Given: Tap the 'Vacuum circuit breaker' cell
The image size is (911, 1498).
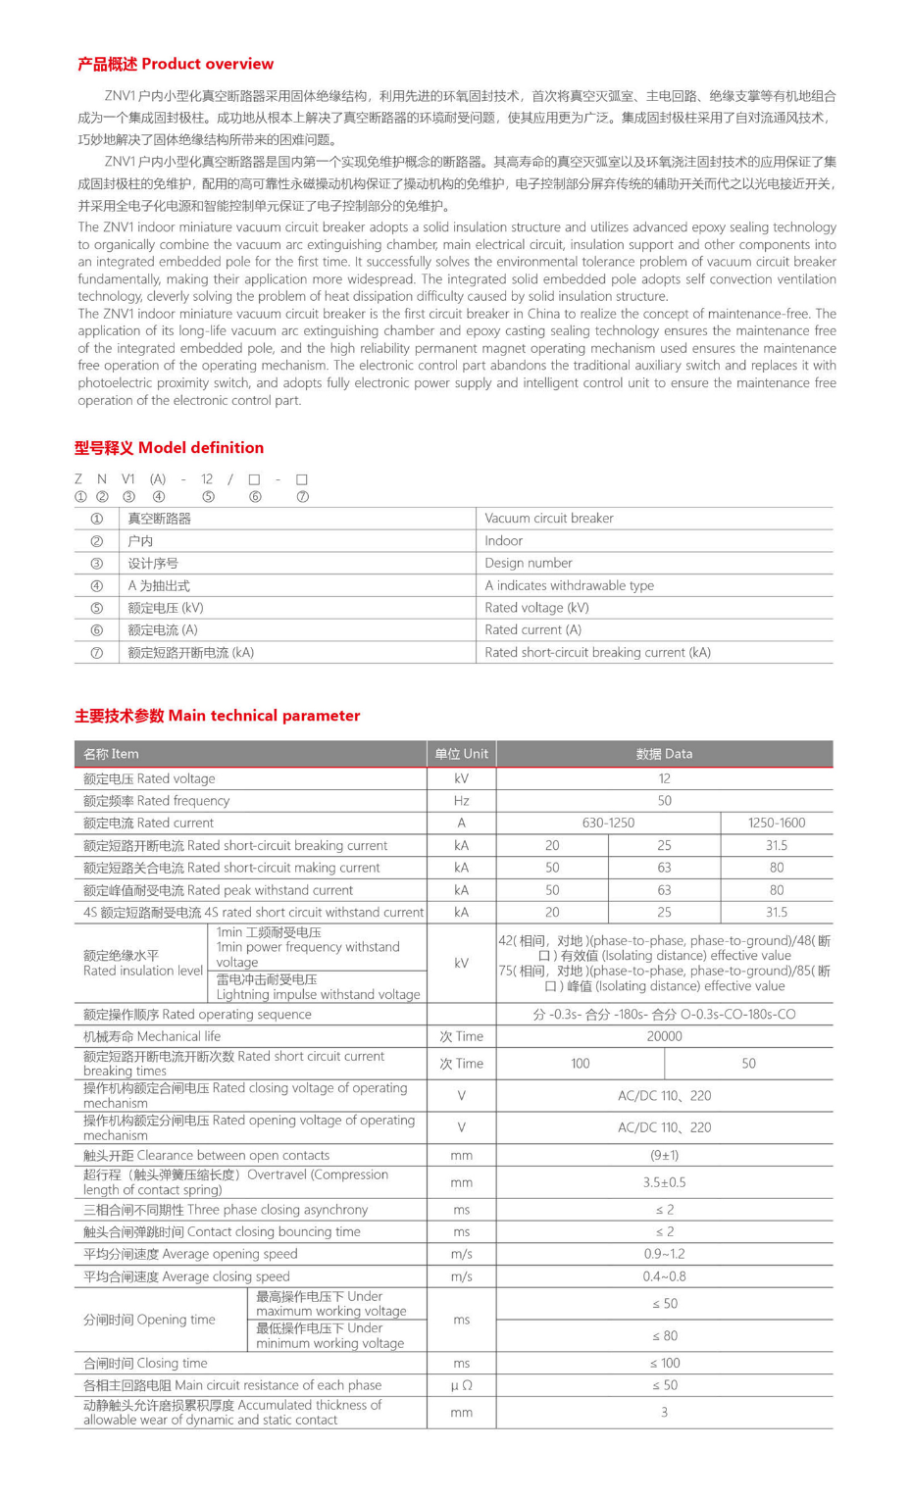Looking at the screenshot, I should pos(548,519).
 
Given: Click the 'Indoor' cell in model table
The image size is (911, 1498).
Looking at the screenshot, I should pos(503,541).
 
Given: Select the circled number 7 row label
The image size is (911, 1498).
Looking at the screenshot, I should pos(96,653).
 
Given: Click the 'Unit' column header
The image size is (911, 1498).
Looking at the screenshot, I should pos(461,754).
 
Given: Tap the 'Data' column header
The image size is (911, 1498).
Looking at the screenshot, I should pos(664,754).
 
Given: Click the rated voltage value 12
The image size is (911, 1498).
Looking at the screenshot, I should pos(664,778).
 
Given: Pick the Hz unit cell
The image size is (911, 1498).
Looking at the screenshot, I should pos(461,801).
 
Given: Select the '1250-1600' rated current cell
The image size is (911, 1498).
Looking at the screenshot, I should pos(776,824).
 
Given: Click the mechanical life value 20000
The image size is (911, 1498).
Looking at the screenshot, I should pos(664,1036).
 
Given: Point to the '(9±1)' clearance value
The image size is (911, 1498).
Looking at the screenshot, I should pos(664,1156).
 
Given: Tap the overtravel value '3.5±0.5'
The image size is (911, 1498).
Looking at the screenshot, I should pos(664,1182).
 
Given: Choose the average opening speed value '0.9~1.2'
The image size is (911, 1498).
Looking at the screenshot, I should pos(664,1254).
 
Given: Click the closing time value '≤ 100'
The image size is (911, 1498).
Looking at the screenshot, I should pos(664,1363).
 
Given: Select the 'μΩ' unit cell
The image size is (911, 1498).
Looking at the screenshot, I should pos(461,1385).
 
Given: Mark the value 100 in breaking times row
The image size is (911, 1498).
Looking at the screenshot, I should pos(580,1064).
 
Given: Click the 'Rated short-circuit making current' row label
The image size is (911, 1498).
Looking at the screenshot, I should pos(234,868).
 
